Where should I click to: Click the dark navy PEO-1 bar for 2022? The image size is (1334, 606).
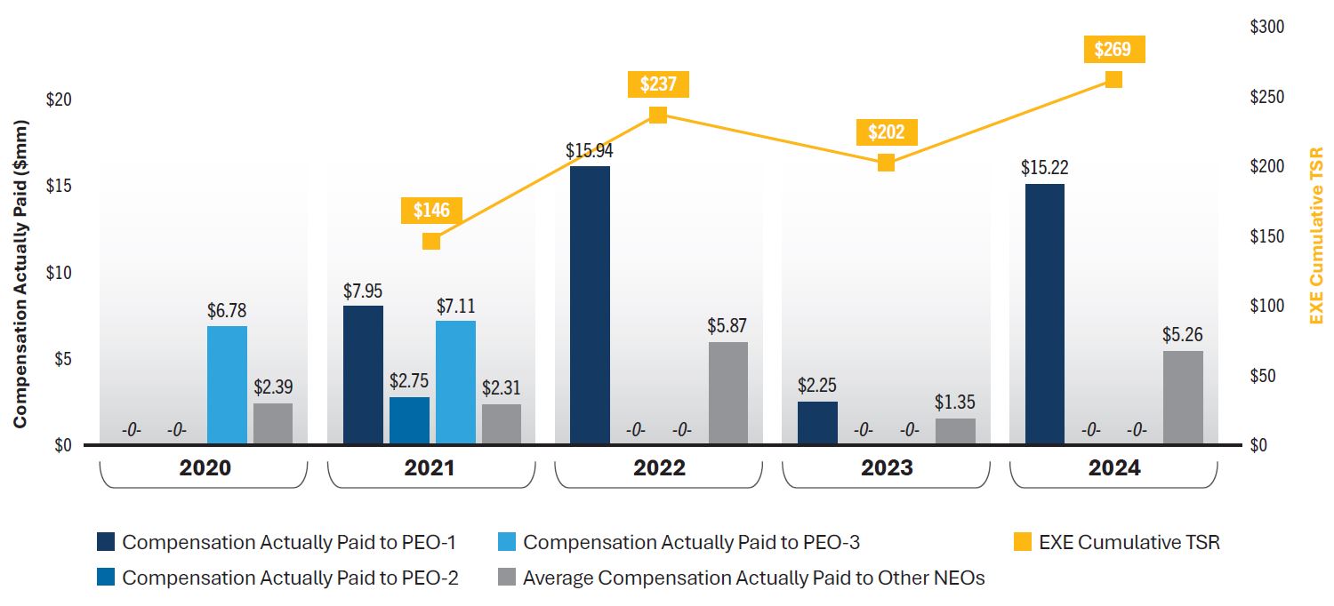point(590,305)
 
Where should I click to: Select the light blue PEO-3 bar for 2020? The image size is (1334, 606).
point(227,385)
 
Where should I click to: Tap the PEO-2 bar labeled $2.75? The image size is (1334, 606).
point(409,420)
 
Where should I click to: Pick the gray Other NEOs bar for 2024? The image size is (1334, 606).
point(1183,397)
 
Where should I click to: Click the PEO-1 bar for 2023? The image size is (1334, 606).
point(817,423)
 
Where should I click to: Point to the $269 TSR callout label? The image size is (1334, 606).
point(1113,49)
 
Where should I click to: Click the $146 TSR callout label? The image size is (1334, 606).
point(431,211)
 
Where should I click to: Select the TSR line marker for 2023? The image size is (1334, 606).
point(886,163)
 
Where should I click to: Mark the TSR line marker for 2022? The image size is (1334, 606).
point(658,115)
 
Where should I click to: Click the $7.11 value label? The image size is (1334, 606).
point(455,307)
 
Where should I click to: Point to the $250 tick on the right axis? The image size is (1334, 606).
point(1266,97)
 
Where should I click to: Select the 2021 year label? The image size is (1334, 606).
point(430,468)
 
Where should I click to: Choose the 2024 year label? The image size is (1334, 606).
point(1113,468)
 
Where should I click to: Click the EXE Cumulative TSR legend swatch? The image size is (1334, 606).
point(1023,542)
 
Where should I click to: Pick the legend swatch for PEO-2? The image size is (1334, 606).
point(106,578)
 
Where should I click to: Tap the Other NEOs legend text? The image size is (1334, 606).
point(753,578)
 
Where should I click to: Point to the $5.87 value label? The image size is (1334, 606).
point(727,326)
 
